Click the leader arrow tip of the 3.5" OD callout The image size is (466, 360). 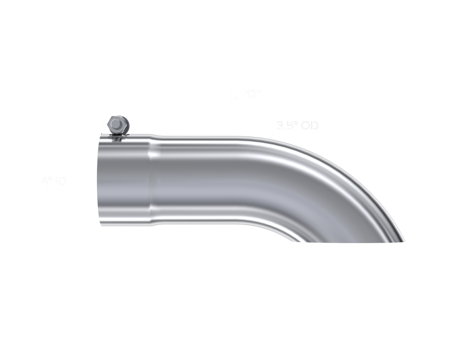(x=270, y=137)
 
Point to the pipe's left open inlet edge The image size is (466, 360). (x=100, y=180)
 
